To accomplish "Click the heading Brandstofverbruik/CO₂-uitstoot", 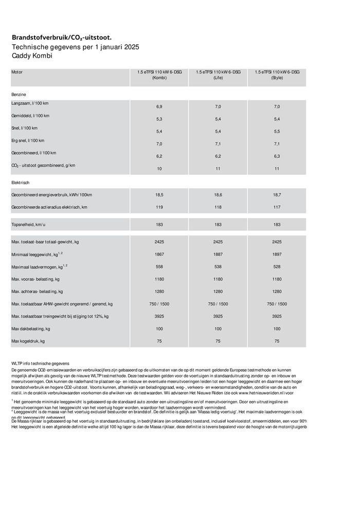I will click(61, 38).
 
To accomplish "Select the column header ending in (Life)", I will click(218, 75).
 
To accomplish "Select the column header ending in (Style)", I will click(277, 75).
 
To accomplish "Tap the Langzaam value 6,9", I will click(159, 106).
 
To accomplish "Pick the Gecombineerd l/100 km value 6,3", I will click(277, 156).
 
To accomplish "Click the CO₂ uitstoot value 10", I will click(159, 168).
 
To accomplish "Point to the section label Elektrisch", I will click(21, 183).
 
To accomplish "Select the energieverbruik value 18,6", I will click(218, 195).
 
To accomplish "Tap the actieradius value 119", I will click(159, 207).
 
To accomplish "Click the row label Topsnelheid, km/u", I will click(29, 225).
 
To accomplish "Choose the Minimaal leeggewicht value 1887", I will click(218, 254).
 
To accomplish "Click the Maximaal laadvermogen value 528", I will click(277, 266).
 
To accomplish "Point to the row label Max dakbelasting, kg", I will click(31, 328).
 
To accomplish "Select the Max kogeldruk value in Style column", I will click(277, 340).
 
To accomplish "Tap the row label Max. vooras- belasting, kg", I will click(35, 279).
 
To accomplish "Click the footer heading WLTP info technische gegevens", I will click(40, 363).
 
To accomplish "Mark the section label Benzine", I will click(19, 95).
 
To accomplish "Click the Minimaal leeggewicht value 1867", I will click(159, 254).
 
